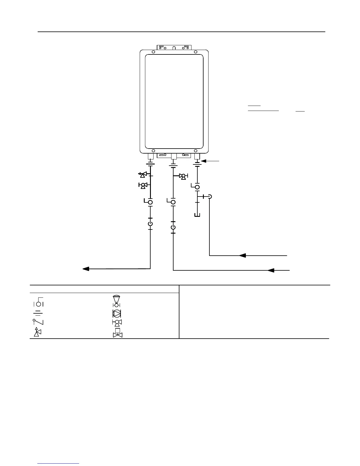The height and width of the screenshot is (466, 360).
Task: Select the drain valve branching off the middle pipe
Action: (183, 177)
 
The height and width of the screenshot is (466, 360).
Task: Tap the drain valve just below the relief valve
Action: (143, 185)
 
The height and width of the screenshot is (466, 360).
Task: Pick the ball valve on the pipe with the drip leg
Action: (197, 187)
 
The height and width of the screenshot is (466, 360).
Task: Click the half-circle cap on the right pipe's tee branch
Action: (210, 197)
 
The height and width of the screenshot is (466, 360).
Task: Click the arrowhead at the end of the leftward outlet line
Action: (86, 269)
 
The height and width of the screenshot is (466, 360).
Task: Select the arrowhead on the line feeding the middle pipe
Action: (271, 270)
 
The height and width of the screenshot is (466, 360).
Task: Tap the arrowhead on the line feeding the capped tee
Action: (242, 255)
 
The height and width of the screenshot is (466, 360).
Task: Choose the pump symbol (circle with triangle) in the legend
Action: (117, 313)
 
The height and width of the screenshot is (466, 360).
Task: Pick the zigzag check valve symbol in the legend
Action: (38, 323)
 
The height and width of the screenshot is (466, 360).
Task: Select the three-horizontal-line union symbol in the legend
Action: (39, 313)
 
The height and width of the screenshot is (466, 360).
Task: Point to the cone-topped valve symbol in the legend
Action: (116, 301)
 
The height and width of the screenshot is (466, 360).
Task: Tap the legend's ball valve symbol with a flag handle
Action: (39, 302)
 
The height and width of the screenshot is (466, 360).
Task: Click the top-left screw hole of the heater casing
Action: (153, 52)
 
